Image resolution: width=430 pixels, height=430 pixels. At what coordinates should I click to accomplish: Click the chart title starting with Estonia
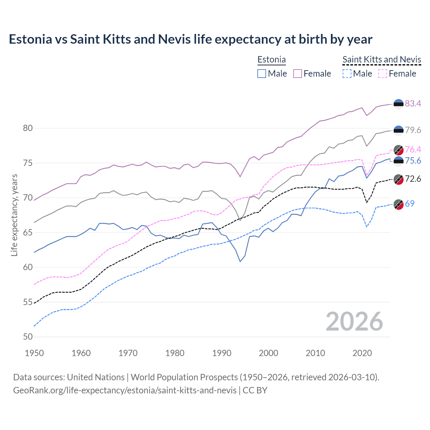coord(190,39)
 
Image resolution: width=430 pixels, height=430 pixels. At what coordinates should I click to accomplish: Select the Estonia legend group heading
coord(271,60)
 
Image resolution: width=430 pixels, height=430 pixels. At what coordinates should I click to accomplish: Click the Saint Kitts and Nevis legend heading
coord(382,60)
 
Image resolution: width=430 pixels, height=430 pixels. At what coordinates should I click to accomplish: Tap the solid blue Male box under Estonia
coord(262,74)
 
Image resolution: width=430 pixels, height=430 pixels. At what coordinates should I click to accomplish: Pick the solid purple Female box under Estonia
coord(298,74)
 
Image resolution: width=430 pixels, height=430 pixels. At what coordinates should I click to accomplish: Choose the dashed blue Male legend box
coord(347,74)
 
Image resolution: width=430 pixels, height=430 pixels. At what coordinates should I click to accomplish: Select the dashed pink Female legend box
coord(383,74)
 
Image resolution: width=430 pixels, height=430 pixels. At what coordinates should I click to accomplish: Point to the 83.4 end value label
coord(413,103)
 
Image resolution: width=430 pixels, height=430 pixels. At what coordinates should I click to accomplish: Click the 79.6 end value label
coord(413,130)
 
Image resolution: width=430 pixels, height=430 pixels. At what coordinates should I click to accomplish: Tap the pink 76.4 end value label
coord(413,149)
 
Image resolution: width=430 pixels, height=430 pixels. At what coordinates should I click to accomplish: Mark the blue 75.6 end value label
coord(413,161)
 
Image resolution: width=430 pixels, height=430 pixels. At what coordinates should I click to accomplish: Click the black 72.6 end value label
coord(413,179)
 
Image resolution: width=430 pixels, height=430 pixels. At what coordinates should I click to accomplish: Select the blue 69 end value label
coord(410,204)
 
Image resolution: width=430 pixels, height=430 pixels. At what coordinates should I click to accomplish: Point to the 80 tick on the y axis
coord(28,128)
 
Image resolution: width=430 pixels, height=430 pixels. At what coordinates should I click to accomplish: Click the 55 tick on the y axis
coord(28,302)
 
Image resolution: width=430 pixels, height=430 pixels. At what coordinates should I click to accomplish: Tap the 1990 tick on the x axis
coord(222,353)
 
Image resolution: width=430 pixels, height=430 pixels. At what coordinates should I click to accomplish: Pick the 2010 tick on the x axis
coord(315,353)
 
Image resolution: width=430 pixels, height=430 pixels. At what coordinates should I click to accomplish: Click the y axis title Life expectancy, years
coord(14,215)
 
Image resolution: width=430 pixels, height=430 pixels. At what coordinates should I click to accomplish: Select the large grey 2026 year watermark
coord(354,321)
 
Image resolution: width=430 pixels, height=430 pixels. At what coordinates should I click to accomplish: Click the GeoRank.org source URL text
coord(125,390)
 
